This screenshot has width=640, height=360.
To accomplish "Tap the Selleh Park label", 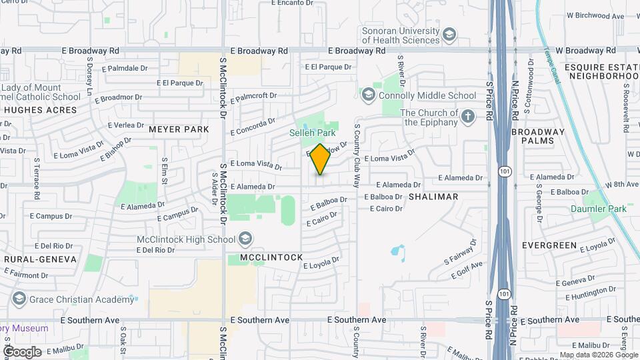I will (312, 133).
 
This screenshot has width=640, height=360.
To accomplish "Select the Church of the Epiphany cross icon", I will (468, 117).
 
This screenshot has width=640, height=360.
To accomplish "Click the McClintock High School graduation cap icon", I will (246, 239).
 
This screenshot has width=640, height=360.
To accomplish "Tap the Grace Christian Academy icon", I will (18, 299).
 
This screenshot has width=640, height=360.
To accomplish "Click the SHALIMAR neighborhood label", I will (433, 197).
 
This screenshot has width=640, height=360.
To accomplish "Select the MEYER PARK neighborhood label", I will (179, 129).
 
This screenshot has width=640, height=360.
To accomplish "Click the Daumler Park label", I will (599, 209).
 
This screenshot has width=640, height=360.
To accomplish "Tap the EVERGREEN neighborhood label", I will (549, 245).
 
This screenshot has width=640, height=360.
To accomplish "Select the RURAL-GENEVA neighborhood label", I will (40, 259).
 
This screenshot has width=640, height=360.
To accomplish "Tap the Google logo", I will (23, 351).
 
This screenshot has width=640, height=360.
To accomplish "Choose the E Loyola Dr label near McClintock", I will (321, 263).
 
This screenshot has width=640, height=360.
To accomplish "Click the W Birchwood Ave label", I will (595, 15).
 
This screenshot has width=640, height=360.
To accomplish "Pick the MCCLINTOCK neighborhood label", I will (267, 257).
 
